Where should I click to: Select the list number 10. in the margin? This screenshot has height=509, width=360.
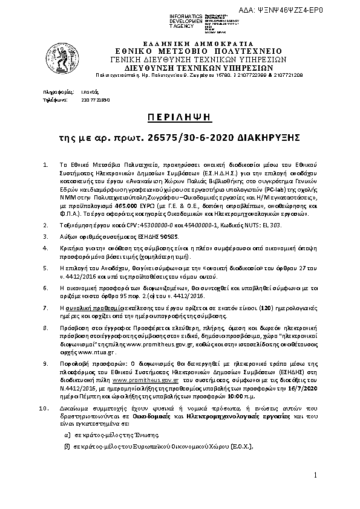[x=44, y=409]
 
